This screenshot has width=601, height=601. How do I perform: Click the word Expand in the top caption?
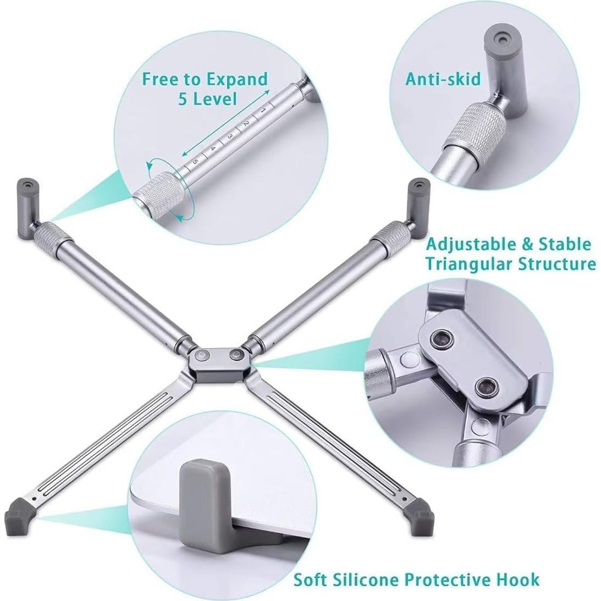click(237, 79)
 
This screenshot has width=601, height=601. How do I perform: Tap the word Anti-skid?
click(443, 79)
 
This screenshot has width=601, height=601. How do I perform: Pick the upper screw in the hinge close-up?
click(440, 338)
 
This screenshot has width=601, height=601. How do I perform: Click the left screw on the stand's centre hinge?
click(203, 355)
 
